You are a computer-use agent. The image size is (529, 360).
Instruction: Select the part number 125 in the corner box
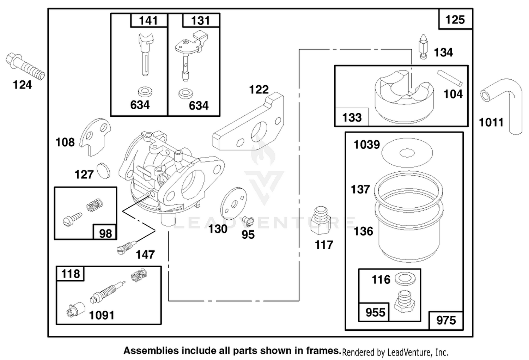click(455, 20)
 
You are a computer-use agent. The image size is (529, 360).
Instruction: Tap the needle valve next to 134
click(423, 47)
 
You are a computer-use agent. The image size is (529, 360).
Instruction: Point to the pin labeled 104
click(450, 78)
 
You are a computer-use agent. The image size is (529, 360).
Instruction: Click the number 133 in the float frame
click(352, 117)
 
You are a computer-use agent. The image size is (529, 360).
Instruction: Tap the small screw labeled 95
click(248, 220)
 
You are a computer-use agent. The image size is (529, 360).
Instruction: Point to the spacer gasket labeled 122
click(248, 122)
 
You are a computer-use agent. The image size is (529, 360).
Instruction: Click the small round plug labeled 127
click(103, 170)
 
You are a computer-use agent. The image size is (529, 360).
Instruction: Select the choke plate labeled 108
click(95, 137)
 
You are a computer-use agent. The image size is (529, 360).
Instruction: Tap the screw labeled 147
click(127, 247)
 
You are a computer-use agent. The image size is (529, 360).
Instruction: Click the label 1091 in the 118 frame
click(102, 315)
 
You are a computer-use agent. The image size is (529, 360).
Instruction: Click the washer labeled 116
click(405, 279)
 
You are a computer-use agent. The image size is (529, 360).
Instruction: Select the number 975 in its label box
click(446, 321)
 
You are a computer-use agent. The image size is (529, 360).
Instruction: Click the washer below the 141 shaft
click(145, 92)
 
